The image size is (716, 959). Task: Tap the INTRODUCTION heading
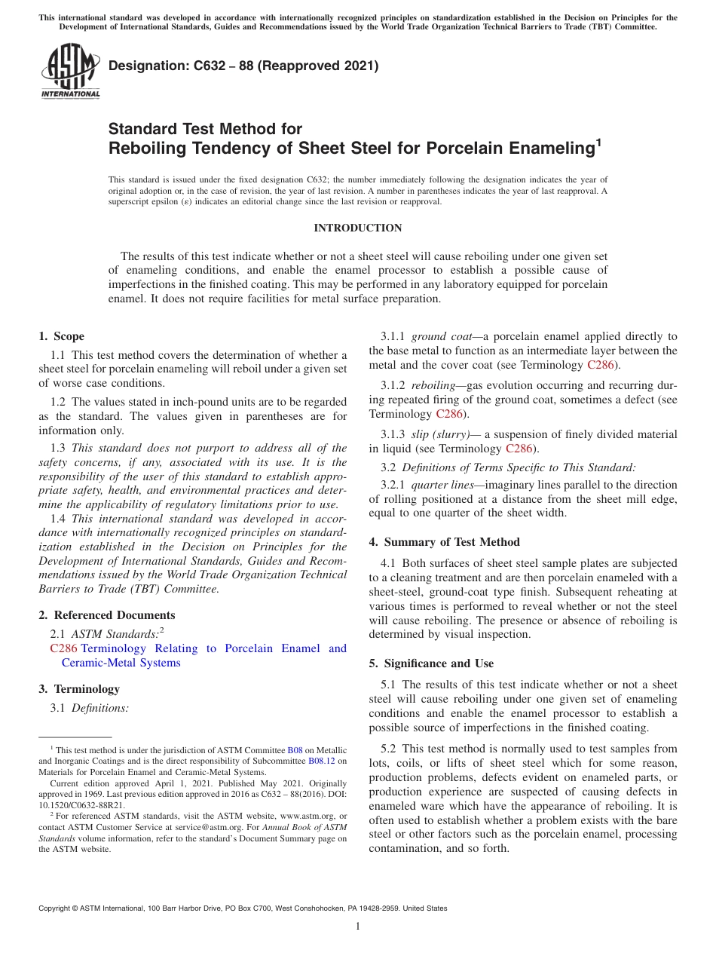[x=358, y=228]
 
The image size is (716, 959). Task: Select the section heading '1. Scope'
[x=62, y=336]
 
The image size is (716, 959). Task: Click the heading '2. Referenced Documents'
[x=107, y=615]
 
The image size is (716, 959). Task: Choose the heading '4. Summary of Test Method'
[x=444, y=541]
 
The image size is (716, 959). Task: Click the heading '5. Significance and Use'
[x=431, y=663]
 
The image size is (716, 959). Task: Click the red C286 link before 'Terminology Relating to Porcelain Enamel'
[x=63, y=648]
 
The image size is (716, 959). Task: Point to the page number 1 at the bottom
[x=358, y=926]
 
